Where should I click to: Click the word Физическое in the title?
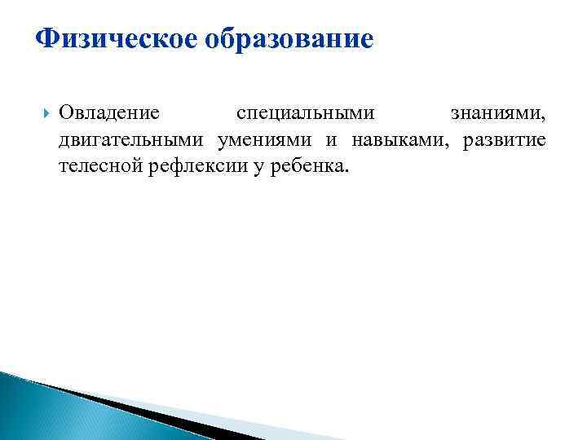pos(114,38)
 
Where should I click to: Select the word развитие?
pos(505,141)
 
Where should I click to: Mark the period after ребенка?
pos(346,172)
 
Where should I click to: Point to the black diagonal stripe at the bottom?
pos(147,412)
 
